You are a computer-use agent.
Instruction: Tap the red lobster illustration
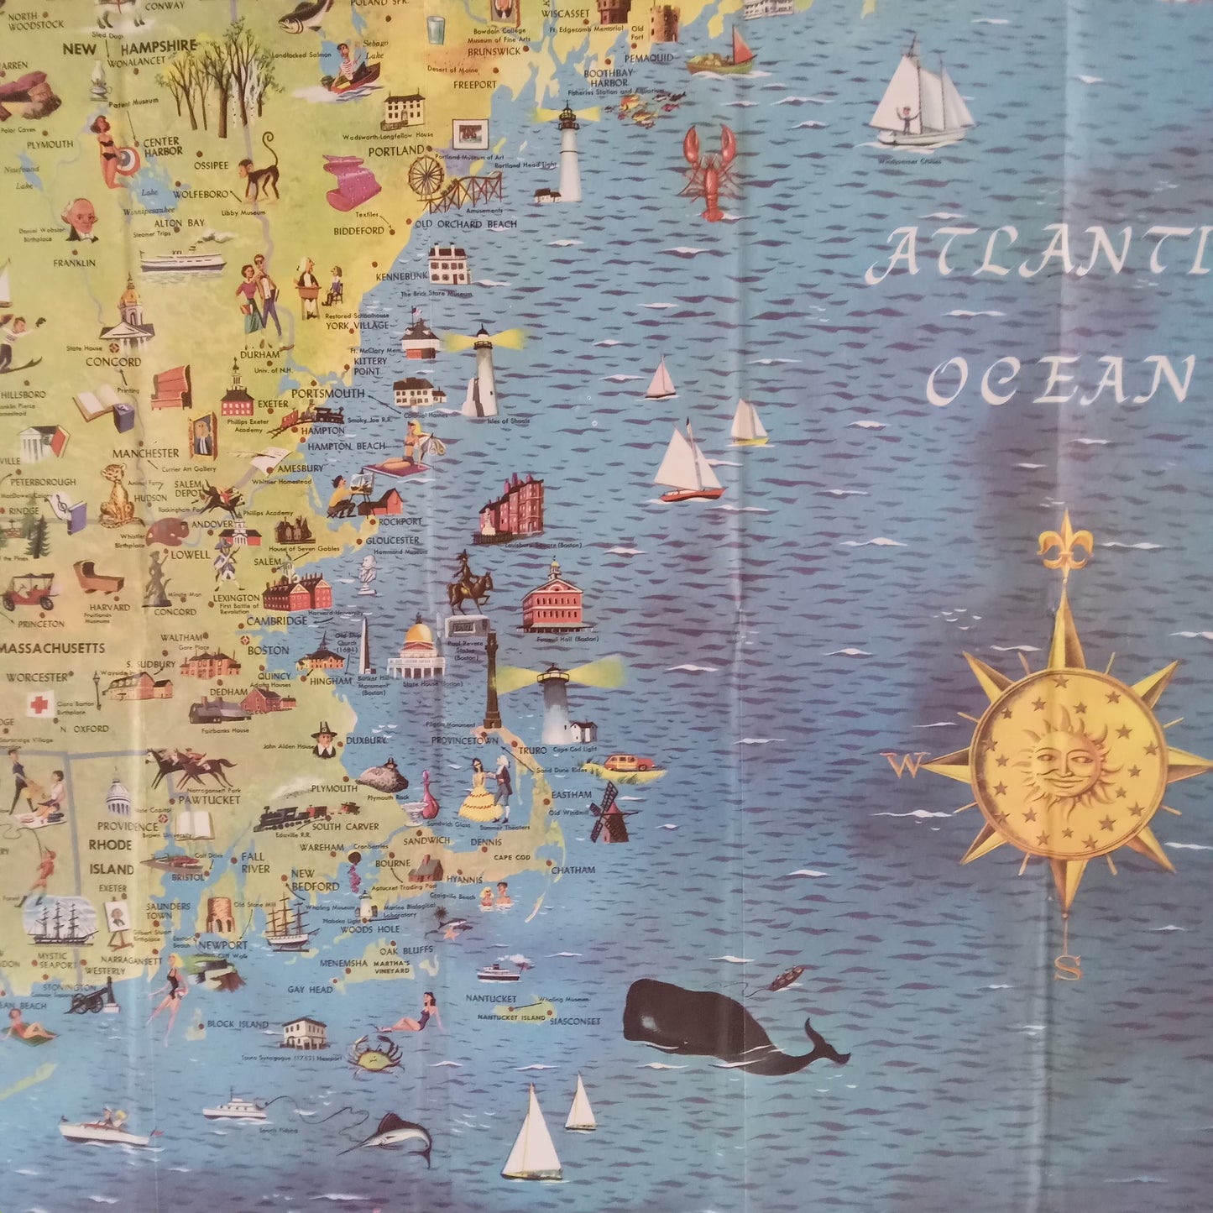coord(709,172)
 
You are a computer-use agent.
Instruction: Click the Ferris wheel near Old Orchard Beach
coord(426,175)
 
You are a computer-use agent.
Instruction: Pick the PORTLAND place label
coord(396,151)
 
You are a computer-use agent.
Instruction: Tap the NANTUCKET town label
coord(491,999)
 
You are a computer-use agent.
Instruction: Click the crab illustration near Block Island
coord(374,1055)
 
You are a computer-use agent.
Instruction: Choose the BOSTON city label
coord(268,650)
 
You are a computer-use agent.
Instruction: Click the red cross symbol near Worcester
coord(39,703)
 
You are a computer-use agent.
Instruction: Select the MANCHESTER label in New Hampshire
coord(146,453)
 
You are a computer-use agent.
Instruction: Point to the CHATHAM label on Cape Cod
coord(573,871)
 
